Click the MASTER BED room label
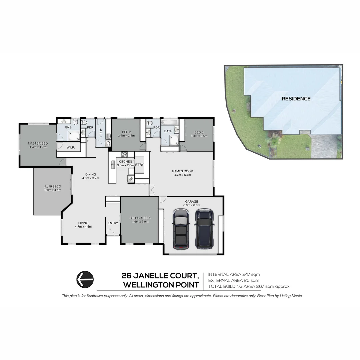(38, 143)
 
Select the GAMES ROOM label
(182, 171)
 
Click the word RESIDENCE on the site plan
(296, 99)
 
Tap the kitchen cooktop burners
(124, 154)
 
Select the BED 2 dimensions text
(126, 136)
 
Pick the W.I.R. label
(70, 147)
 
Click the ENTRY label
(113, 223)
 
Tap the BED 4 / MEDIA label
(140, 218)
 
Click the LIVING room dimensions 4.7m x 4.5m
(83, 227)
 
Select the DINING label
(91, 174)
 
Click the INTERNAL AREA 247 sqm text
(234, 274)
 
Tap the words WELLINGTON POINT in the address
(161, 285)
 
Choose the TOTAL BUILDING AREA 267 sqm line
(249, 286)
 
